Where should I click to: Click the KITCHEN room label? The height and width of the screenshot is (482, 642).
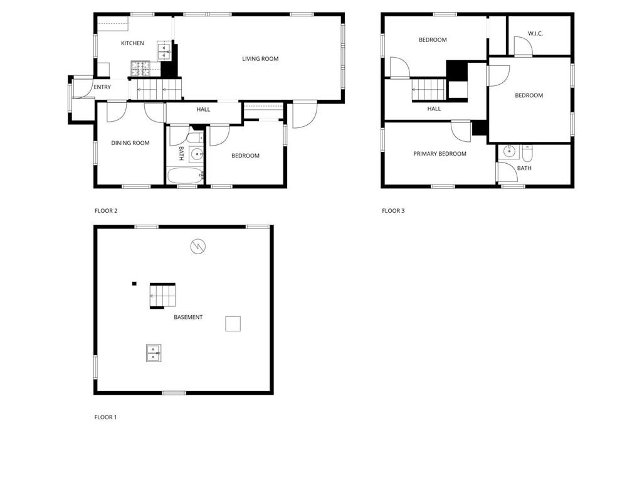tap(132, 43)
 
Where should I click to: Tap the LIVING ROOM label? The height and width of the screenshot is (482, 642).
tap(260, 59)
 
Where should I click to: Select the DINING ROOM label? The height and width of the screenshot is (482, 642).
tap(130, 143)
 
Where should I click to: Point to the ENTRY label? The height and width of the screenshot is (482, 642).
tap(102, 87)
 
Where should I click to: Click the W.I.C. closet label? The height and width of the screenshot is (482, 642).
tap(535, 34)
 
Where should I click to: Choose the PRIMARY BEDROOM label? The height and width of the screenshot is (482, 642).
tap(439, 154)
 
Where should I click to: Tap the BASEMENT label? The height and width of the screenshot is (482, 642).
tap(188, 317)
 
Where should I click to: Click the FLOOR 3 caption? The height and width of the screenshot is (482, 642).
tap(393, 211)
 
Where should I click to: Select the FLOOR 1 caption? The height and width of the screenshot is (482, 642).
tap(105, 417)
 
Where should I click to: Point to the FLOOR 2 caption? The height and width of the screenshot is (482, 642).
tap(105, 211)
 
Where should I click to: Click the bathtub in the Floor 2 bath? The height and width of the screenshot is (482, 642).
tap(186, 176)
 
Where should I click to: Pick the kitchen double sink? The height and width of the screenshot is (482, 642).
tap(164, 51)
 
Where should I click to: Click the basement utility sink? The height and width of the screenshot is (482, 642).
tap(154, 353)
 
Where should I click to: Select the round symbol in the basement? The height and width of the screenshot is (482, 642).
tap(198, 246)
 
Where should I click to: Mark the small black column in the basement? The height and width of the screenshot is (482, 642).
tap(134, 284)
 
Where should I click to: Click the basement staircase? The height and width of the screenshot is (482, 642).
tap(162, 296)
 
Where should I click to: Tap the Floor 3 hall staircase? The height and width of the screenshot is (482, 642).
tap(429, 89)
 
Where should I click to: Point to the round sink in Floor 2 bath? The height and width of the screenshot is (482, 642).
tap(197, 154)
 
